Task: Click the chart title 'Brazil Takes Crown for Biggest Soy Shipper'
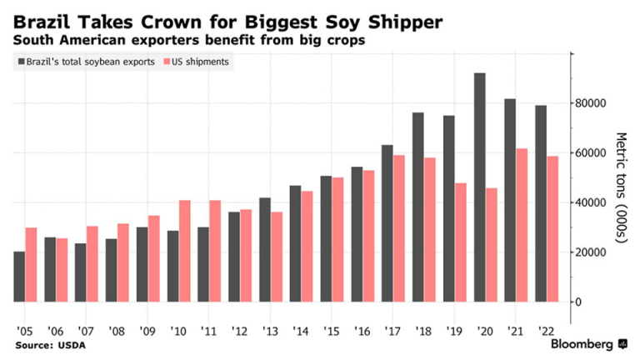[222, 18]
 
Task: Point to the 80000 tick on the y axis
[593, 103]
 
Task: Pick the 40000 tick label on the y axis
[593, 202]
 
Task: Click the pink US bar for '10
[185, 251]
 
